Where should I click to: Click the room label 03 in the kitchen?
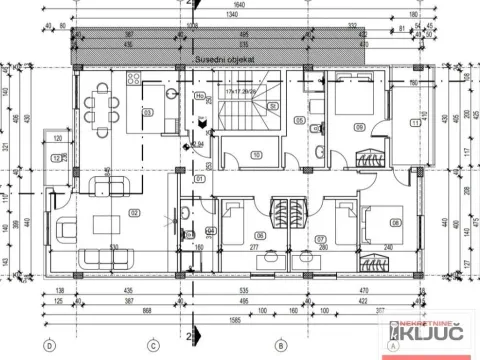tap(148, 113)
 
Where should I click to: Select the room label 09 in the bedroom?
tap(359, 127)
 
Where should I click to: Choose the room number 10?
tap(257, 154)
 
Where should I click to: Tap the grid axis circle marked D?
tap(47, 346)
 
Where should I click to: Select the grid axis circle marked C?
tap(153, 346)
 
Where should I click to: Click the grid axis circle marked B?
tap(282, 346)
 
